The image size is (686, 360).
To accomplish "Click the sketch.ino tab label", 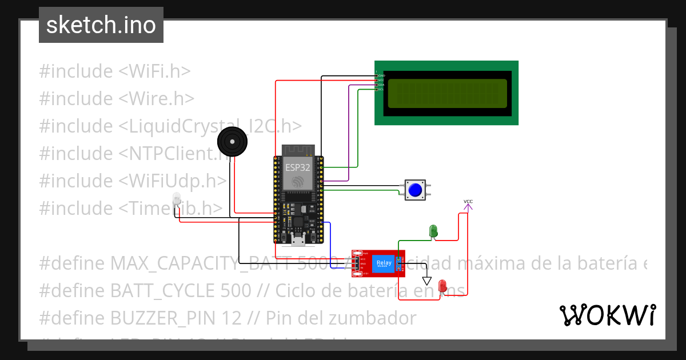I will (x=101, y=25).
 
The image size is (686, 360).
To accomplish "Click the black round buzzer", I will (x=233, y=142).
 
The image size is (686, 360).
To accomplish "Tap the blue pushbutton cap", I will (x=416, y=190).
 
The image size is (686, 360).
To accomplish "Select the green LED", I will (x=433, y=231).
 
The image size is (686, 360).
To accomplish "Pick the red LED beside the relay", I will (x=442, y=285).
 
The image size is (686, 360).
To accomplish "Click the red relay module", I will (x=378, y=263).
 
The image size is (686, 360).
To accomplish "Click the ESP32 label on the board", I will (x=297, y=167).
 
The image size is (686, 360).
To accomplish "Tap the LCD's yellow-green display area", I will (x=447, y=94).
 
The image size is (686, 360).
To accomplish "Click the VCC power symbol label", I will (x=468, y=202).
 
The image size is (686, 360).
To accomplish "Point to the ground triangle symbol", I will (x=426, y=281).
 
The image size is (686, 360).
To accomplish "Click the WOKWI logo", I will (x=608, y=315).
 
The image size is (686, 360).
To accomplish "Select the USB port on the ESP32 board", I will (x=297, y=239).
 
